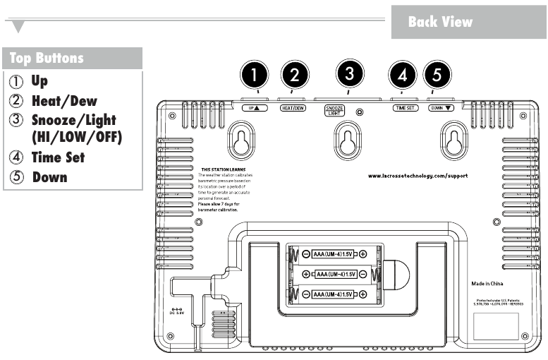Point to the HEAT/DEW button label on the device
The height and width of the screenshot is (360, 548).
click(293, 109)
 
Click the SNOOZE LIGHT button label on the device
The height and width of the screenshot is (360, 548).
click(335, 111)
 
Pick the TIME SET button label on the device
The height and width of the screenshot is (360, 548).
click(406, 109)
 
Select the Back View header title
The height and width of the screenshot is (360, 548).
click(440, 22)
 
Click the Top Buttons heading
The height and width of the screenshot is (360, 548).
click(47, 58)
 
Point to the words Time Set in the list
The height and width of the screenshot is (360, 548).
click(58, 157)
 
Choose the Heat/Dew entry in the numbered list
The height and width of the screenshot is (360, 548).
click(68, 101)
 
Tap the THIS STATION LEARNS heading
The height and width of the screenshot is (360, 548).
click(217, 170)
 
